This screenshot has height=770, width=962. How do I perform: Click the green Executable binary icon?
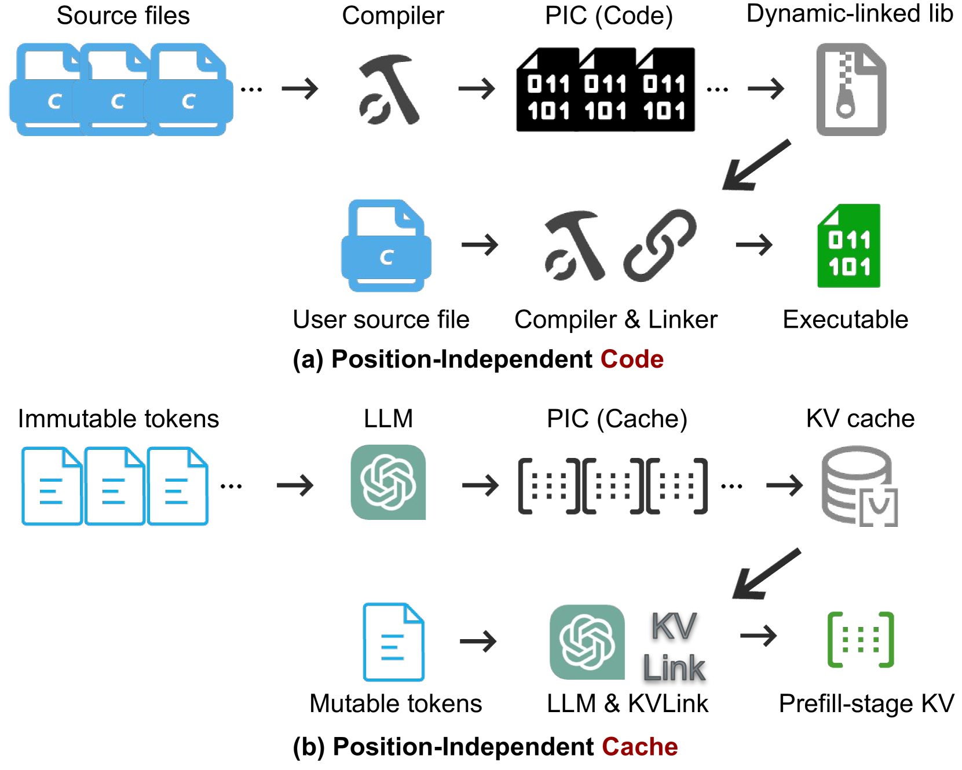pyautogui.click(x=848, y=245)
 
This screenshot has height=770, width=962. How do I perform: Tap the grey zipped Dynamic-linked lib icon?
pyautogui.click(x=851, y=90)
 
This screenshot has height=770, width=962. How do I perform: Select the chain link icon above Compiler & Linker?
pyautogui.click(x=660, y=245)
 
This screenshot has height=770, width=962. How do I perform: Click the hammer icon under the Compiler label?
pyautogui.click(x=389, y=89)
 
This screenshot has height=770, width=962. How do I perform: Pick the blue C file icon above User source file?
pyautogui.click(x=386, y=245)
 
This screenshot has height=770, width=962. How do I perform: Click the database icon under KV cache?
pyautogui.click(x=859, y=486)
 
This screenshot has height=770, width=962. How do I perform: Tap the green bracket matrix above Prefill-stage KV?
pyautogui.click(x=861, y=640)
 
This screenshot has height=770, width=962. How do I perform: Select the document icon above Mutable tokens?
pyautogui.click(x=393, y=641)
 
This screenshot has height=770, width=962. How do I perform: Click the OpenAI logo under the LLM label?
pyautogui.click(x=388, y=482)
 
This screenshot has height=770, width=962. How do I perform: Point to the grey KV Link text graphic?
pyautogui.click(x=674, y=646)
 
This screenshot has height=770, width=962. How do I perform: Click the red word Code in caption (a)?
pyautogui.click(x=632, y=359)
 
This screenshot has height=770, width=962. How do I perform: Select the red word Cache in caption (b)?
pyautogui.click(x=639, y=746)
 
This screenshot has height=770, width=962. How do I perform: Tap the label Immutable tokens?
pyautogui.click(x=118, y=418)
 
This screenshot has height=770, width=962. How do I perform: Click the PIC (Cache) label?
pyautogui.click(x=617, y=419)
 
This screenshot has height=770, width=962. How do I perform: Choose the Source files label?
pyautogui.click(x=123, y=15)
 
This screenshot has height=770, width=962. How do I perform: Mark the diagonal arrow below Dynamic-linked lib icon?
pyautogui.click(x=756, y=165)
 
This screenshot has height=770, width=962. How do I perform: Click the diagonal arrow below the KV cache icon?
pyautogui.click(x=766, y=574)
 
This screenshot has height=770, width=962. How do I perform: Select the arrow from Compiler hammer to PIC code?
pyautogui.click(x=477, y=89)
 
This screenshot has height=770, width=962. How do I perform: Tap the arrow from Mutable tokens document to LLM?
pyautogui.click(x=478, y=641)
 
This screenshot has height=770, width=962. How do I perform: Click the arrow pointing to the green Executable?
pyautogui.click(x=754, y=245)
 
